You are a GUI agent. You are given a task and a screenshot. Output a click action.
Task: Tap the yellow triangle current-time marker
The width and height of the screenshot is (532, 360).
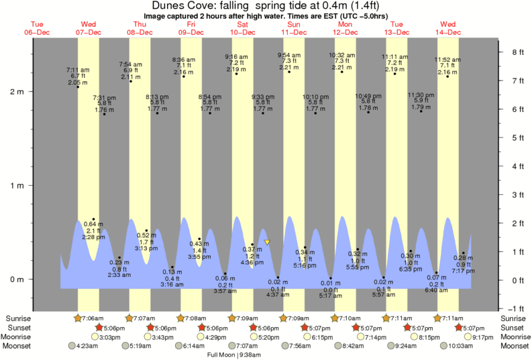(267, 242)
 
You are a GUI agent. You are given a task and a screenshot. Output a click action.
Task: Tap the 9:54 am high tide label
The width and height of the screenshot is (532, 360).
(289, 55)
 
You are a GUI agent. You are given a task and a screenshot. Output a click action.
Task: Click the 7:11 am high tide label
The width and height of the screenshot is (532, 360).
(77, 70)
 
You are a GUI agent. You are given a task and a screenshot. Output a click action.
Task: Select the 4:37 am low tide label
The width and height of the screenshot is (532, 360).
(278, 294)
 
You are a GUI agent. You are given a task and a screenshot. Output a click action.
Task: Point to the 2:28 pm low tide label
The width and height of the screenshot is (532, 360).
(93, 237)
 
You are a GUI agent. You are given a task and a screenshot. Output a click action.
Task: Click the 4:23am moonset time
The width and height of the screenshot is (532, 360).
(88, 346)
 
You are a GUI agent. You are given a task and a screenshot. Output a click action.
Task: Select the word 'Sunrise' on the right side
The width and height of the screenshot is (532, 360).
(512, 318)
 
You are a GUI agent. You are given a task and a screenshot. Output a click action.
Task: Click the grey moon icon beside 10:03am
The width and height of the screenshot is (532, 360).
(445, 346)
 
